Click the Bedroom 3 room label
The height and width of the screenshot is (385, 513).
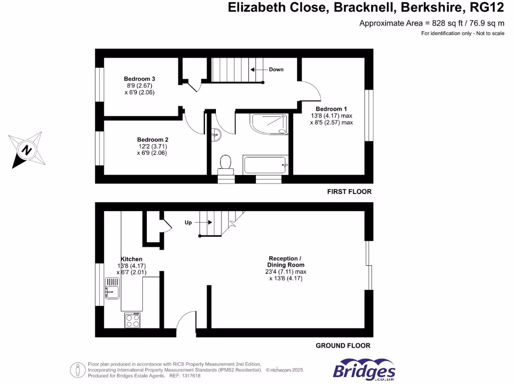[140, 79]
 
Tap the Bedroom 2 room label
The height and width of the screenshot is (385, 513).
[153, 139]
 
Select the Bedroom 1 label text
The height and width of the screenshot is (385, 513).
[331, 109]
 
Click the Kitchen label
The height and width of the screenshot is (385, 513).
[131, 259]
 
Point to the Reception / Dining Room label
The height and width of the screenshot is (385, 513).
[286, 262]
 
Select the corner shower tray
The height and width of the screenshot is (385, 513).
[270, 124]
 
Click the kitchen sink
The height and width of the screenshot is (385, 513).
[112, 288]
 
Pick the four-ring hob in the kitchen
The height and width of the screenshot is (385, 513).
[132, 320]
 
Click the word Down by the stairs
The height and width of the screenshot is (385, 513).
[276, 69]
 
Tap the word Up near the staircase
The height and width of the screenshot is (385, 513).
[189, 222]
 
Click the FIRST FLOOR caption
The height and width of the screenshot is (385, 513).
[349, 191]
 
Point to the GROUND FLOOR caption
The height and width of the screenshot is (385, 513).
[343, 345]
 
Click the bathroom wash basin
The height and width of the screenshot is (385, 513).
[215, 134]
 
